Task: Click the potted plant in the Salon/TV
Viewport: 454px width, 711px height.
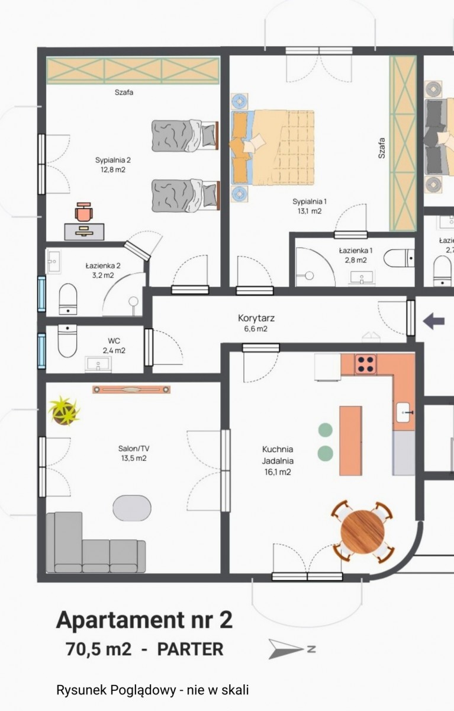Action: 64,411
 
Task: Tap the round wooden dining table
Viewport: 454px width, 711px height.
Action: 363,532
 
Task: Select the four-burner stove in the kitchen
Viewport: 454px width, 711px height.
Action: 366,364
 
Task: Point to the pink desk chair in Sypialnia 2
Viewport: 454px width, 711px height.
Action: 83,212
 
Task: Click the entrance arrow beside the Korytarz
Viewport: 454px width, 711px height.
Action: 434,321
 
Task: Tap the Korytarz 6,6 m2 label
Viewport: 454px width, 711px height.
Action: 256,323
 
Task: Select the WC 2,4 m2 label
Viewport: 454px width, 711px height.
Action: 114,345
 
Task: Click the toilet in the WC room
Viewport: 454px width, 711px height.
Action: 67,340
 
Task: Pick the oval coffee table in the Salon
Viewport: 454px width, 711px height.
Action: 132,508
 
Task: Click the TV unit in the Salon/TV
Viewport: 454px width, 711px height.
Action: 131,389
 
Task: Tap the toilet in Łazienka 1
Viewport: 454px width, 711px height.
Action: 399,258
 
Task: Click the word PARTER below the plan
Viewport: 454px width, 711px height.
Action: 190,649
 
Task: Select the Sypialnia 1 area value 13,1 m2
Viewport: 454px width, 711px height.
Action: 310,211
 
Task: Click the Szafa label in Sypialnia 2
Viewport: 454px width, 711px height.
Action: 124,92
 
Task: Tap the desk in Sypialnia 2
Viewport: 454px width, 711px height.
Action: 84,232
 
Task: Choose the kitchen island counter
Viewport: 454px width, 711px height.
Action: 350,441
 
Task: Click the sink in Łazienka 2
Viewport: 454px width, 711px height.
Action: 54,261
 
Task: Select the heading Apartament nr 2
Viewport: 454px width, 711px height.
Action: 144,620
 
